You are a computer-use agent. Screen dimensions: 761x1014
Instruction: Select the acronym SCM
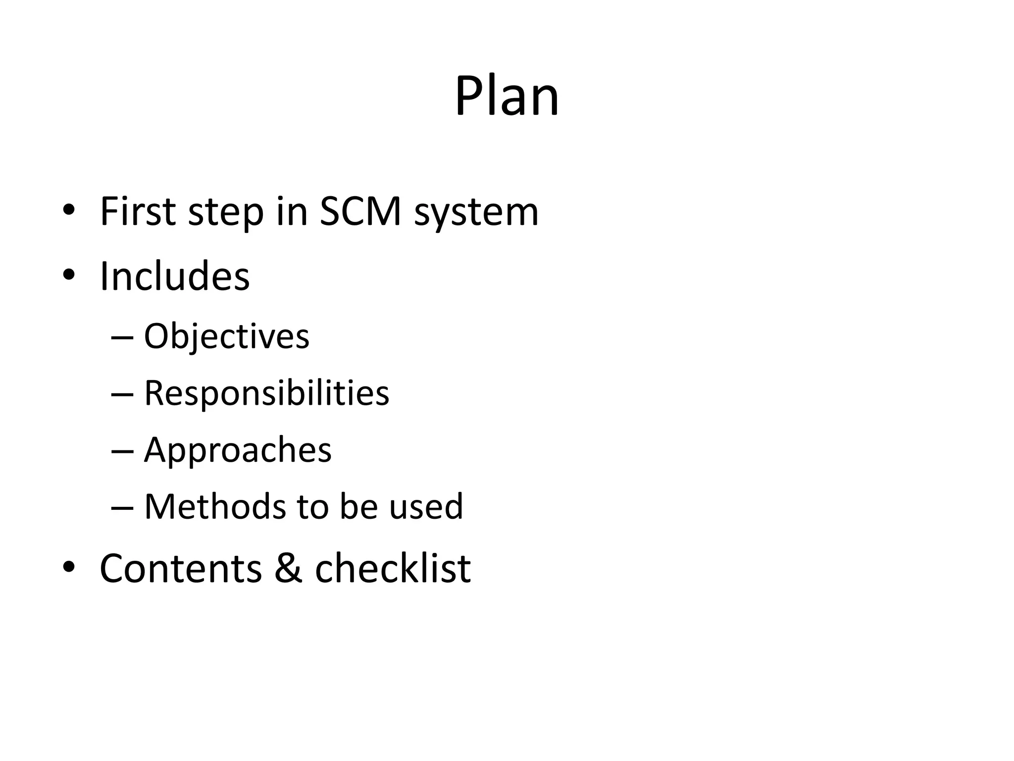coord(360,212)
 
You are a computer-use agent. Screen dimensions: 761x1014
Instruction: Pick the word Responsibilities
coord(266,393)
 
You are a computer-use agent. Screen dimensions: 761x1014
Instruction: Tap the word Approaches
coord(238,450)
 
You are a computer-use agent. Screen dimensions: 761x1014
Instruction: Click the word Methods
coord(215,506)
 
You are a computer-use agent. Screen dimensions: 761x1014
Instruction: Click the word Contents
coord(181,568)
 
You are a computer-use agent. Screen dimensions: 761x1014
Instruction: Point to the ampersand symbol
coord(288,568)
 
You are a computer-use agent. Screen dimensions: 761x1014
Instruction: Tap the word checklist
coord(393,568)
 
